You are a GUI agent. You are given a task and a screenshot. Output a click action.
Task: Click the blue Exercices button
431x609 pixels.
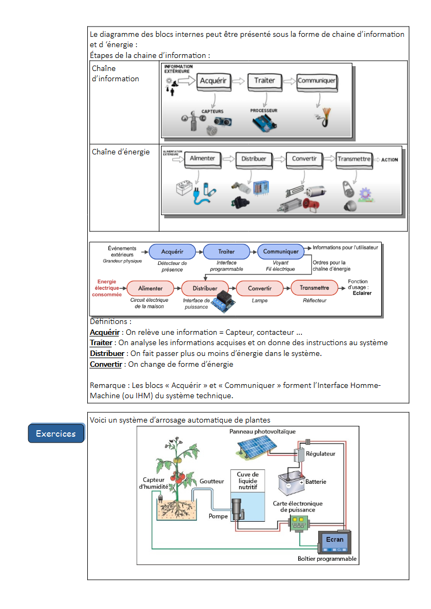click(x=56, y=433)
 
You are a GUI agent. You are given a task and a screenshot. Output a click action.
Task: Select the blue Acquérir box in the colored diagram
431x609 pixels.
click(x=172, y=251)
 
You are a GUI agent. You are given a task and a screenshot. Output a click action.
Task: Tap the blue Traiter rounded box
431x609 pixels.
click(x=227, y=251)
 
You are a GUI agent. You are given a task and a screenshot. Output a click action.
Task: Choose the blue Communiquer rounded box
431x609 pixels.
click(x=281, y=251)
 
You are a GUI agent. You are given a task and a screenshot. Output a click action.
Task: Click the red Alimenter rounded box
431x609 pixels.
click(x=150, y=288)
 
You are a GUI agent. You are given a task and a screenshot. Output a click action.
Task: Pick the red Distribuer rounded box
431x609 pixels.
click(x=205, y=288)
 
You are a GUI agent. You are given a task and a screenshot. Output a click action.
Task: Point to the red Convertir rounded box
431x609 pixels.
click(x=260, y=288)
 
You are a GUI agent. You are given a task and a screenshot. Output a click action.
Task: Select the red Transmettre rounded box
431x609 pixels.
click(x=314, y=288)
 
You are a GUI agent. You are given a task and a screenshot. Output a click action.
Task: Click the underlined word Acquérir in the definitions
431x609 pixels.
click(x=104, y=332)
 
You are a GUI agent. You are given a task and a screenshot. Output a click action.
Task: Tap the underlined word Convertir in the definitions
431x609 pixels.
click(x=106, y=364)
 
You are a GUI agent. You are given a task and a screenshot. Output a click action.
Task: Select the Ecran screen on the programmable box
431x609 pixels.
click(x=334, y=540)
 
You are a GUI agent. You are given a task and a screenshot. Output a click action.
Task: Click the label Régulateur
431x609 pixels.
click(x=320, y=453)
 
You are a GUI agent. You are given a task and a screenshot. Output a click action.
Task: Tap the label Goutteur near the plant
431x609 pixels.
click(x=211, y=481)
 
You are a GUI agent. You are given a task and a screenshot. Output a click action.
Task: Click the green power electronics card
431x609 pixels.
click(x=298, y=522)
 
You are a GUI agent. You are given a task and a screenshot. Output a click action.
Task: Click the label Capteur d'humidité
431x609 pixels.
click(x=154, y=483)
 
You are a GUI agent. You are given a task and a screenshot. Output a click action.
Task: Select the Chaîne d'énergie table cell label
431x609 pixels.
click(x=121, y=152)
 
